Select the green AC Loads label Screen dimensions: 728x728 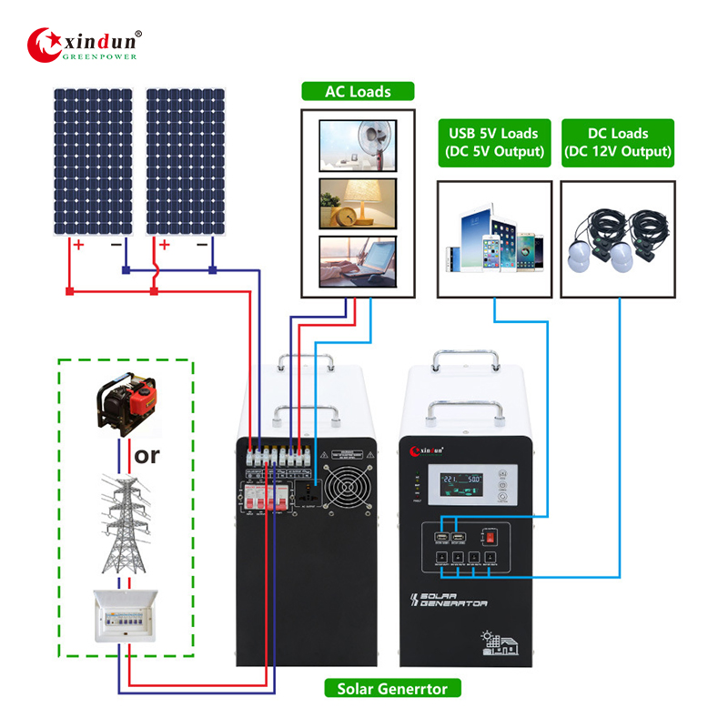(x=359, y=91)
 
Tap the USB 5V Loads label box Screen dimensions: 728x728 (x=494, y=142)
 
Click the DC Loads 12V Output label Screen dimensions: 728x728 (x=618, y=142)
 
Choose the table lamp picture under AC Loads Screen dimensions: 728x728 (x=358, y=203)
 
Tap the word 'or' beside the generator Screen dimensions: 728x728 (x=147, y=453)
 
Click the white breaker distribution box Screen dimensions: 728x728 (x=126, y=616)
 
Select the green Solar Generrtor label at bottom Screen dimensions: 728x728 (x=392, y=689)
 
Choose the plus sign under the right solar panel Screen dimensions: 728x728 (x=166, y=245)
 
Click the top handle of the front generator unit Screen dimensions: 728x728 (x=469, y=357)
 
